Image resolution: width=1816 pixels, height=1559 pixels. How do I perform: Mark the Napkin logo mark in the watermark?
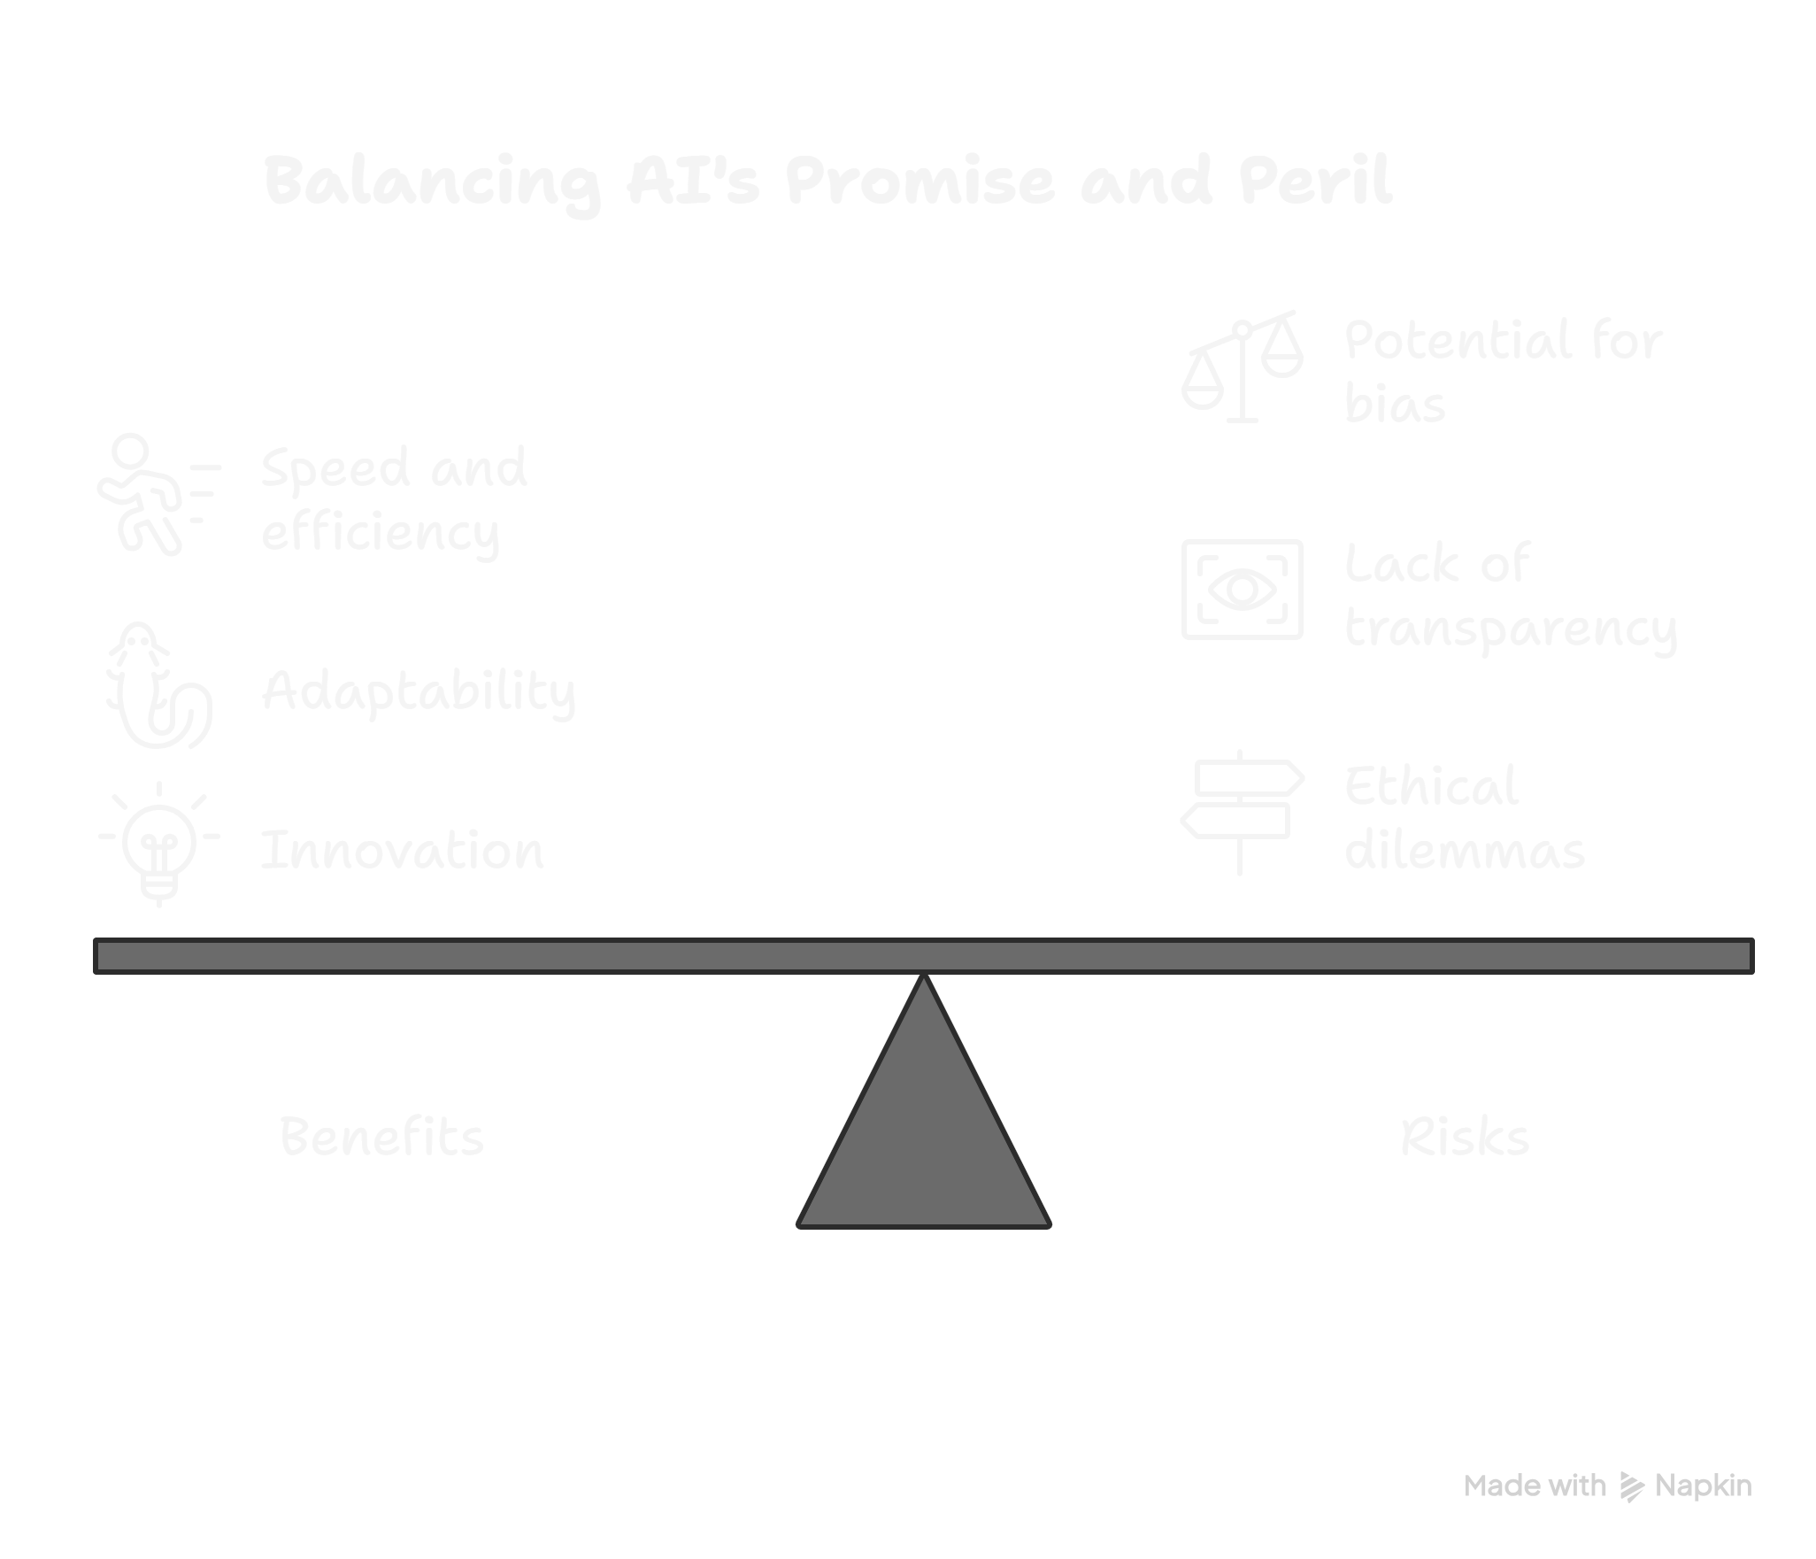coord(1631,1486)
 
